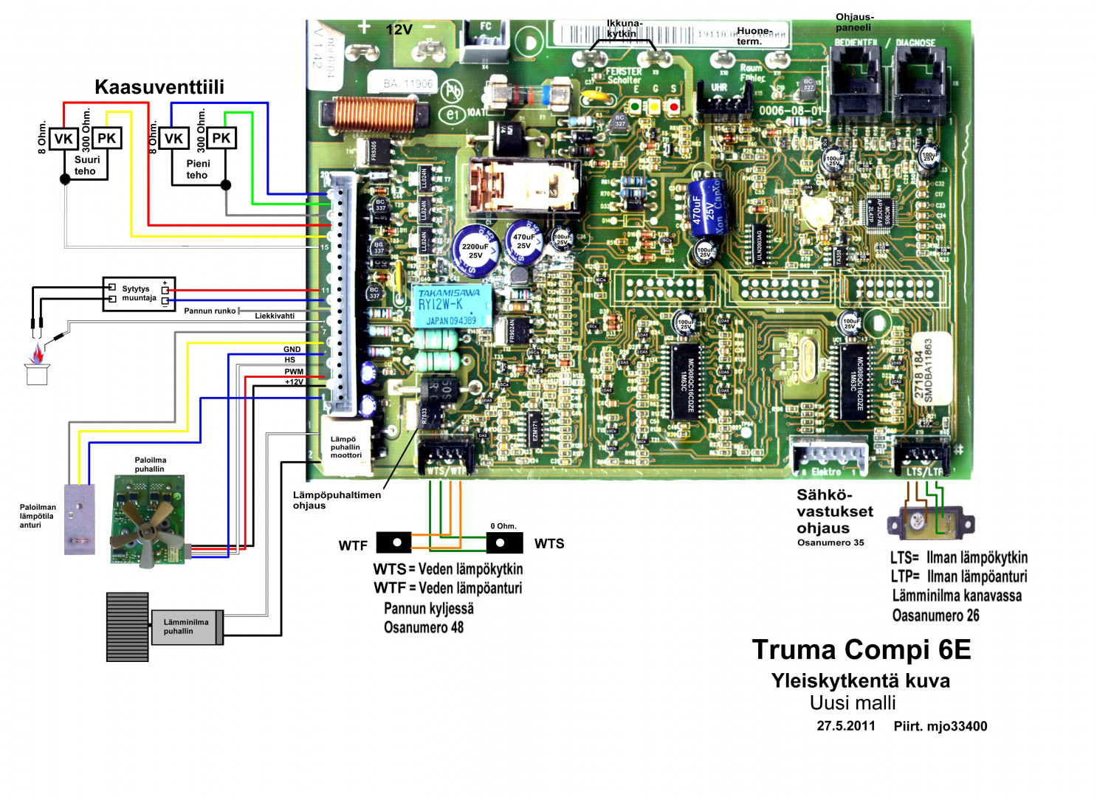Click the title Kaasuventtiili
pos(159,87)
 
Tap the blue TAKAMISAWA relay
pos(453,306)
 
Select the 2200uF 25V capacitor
pos(475,250)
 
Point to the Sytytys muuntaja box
pos(139,294)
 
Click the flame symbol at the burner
pos(36,356)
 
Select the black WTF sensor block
pos(393,542)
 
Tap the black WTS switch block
pos(504,543)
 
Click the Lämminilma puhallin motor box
pos(186,627)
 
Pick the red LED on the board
pos(673,107)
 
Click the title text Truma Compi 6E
pos(861,650)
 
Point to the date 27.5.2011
pos(845,726)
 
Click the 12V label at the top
pos(399,30)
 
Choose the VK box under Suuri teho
pos(63,139)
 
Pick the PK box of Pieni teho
pos(221,138)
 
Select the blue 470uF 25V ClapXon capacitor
pos(706,205)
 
